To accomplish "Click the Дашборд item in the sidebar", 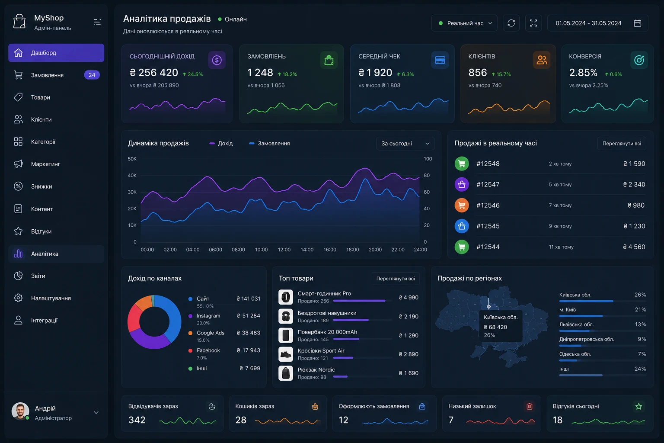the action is click(56, 53).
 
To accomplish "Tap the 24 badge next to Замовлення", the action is click(92, 75).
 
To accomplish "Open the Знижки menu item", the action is click(41, 186).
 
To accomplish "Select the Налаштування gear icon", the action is click(18, 298).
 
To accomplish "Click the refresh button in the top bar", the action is click(511, 23).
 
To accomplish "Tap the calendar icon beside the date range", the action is click(637, 23).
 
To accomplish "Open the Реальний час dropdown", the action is click(464, 23).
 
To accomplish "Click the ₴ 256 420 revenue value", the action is click(154, 72).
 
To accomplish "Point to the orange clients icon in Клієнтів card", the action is click(541, 60).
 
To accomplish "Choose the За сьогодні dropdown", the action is click(405, 144).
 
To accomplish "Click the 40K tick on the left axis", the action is click(132, 175).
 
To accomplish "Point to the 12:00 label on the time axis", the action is click(284, 250).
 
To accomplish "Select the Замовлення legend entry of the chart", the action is click(269, 143).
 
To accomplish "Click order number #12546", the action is click(488, 205).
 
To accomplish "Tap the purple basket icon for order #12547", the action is click(462, 184).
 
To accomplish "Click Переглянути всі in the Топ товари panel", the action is click(396, 279).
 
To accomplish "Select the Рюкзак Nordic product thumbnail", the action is click(285, 373).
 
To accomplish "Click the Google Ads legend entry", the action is click(211, 333).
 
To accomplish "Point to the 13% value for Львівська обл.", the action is click(640, 324).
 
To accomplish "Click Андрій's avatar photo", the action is click(20, 411).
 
